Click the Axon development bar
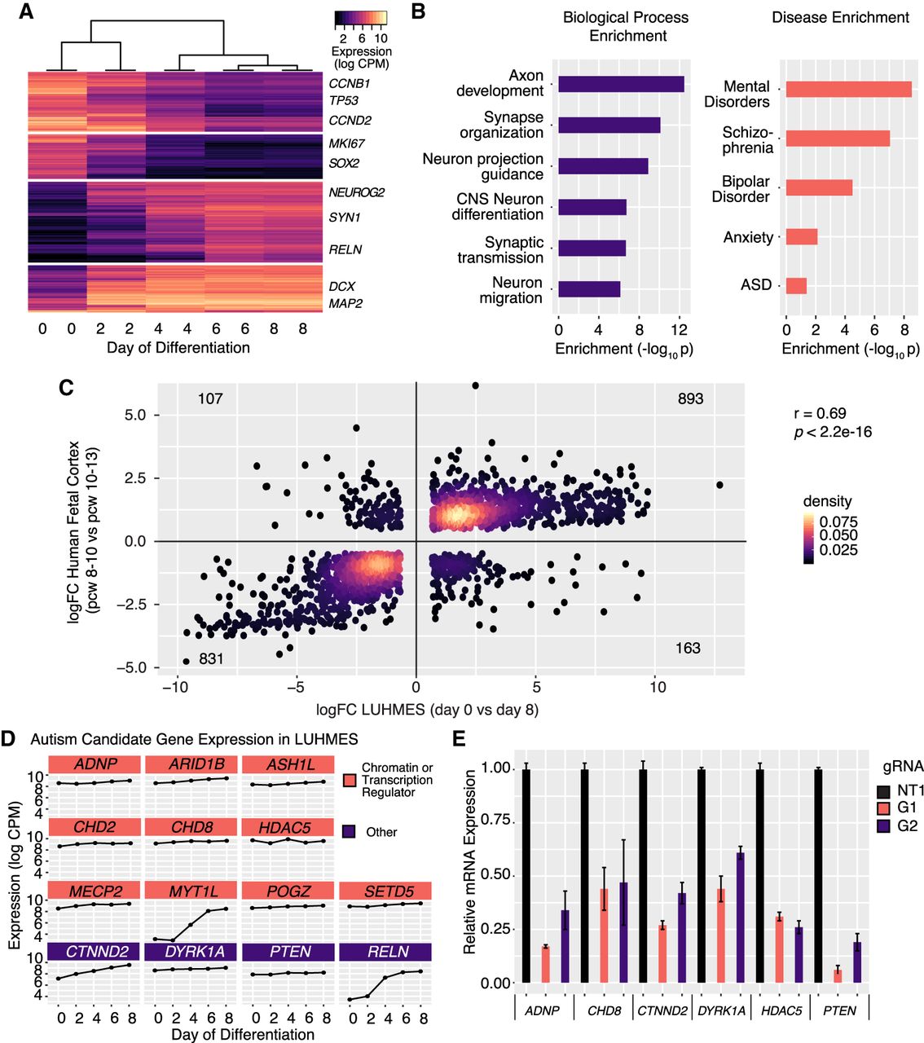point(621,84)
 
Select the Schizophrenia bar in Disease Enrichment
point(838,139)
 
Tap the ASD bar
point(796,285)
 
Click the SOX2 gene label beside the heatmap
point(344,163)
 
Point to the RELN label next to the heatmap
point(345,249)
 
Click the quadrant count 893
point(690,398)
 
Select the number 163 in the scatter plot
point(688,648)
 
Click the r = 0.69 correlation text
point(820,413)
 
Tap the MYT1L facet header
point(192,891)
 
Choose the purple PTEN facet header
point(288,951)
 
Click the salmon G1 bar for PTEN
point(838,975)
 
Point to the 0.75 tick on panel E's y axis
point(495,820)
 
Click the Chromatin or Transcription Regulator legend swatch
point(349,780)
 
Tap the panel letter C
point(67,387)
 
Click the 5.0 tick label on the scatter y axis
point(135,415)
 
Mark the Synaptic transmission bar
point(592,249)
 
